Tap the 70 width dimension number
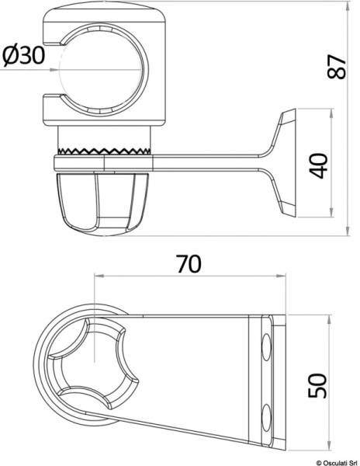[x=188, y=264]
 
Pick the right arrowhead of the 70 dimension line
[x=277, y=276]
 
